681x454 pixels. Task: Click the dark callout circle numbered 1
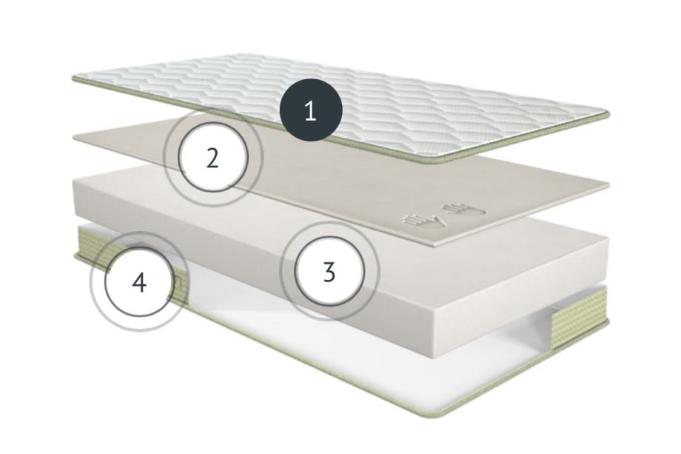(311, 110)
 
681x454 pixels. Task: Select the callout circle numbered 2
(212, 158)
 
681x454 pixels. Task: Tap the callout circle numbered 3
(329, 272)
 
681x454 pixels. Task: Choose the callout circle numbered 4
(139, 282)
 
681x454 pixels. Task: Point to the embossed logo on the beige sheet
(444, 216)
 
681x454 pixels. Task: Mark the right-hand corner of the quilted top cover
(607, 115)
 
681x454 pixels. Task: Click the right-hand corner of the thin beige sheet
(608, 184)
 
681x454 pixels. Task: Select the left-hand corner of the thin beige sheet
(74, 137)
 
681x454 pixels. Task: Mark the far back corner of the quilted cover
(247, 56)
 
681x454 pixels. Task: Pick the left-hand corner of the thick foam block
(76, 182)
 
